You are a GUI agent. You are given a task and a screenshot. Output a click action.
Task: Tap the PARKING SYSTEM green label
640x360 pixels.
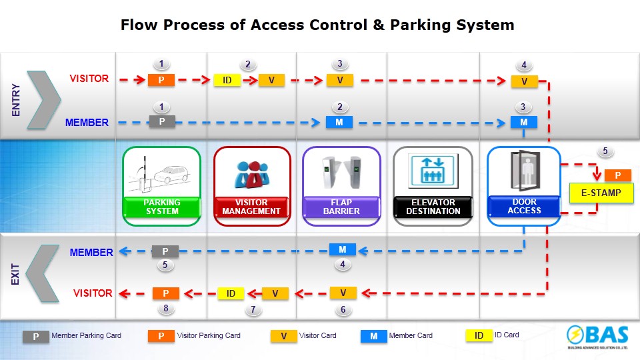coord(162,207)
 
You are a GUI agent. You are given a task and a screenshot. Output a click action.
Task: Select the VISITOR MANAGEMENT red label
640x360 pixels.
coord(252,207)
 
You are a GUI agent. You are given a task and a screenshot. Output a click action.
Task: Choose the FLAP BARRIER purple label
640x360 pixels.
coord(341,207)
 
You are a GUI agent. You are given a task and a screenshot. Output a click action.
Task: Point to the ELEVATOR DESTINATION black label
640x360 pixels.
coord(433,207)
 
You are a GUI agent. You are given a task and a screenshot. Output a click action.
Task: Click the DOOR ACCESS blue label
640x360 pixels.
coord(524,206)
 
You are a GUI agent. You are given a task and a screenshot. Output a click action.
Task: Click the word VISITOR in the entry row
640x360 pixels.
coord(89,79)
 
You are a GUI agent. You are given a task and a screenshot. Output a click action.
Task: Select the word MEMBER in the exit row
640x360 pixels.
coord(91,253)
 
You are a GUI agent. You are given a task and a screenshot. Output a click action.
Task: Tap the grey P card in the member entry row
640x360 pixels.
coord(162,122)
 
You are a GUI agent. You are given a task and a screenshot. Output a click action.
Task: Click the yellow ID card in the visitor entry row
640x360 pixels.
coord(227,81)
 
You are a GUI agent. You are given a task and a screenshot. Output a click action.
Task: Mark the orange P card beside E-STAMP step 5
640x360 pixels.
coord(618,175)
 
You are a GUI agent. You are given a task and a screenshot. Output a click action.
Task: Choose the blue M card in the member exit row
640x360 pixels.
coord(343,250)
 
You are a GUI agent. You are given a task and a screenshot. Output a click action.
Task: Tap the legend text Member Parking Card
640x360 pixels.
coord(86,335)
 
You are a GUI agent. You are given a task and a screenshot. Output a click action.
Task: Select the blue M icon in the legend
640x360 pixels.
coord(374,336)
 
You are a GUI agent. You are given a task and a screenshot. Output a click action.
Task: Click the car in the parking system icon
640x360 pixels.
coord(171,175)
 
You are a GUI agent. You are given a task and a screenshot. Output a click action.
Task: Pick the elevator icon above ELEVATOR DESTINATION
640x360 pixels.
coord(433,171)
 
